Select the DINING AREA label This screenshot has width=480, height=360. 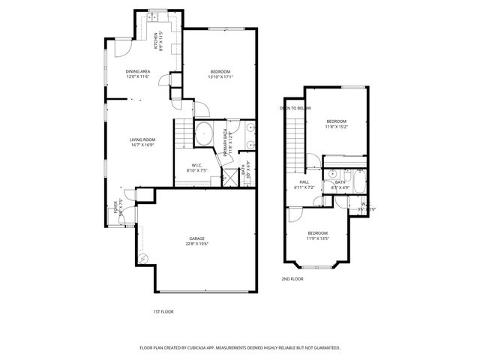pos(137,72)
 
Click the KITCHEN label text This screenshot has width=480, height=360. pos(156,41)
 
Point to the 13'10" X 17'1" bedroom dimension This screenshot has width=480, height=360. pos(220,76)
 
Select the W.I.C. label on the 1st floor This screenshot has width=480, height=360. pos(196,166)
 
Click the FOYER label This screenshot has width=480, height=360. pos(116,207)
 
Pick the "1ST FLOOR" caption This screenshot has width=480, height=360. pos(163,310)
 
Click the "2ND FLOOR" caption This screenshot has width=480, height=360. pos(292,279)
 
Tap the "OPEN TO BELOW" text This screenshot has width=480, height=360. pos(295,108)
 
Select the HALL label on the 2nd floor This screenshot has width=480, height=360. pos(304,181)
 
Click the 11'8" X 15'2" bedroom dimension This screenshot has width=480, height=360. pos(336,127)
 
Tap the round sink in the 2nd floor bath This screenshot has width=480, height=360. pos(332,172)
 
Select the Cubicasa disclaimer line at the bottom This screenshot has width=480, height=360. pos(240,348)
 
